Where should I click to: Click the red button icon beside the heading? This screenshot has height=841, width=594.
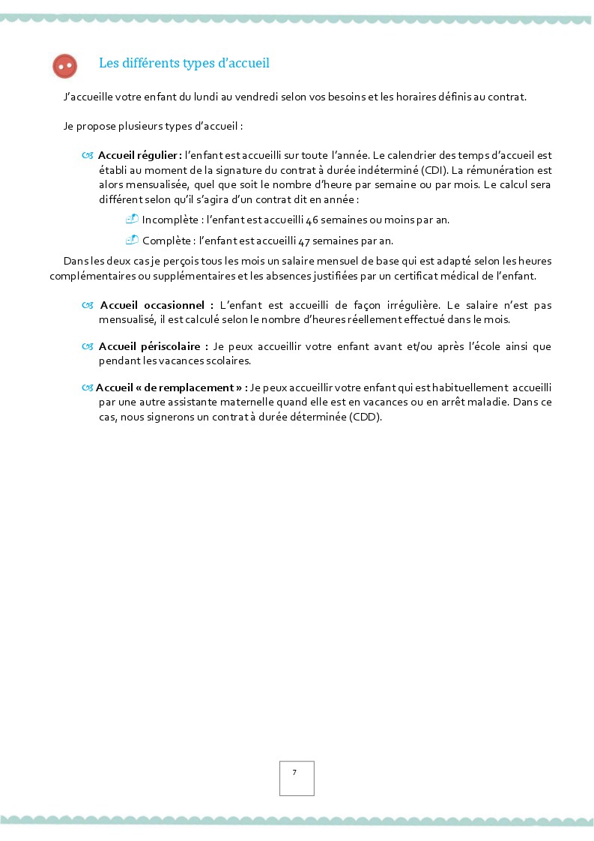pyautogui.click(x=65, y=66)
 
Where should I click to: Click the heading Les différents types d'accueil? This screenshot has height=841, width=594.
pyautogui.click(x=184, y=64)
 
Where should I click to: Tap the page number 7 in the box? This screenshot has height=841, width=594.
pyautogui.click(x=294, y=772)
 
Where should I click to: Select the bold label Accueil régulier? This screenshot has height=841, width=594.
pyautogui.click(x=139, y=155)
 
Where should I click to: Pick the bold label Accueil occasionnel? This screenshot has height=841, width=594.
pyautogui.click(x=156, y=306)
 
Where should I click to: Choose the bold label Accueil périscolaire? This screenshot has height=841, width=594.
pyautogui.click(x=153, y=346)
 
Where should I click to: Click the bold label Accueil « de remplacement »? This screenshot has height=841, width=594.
pyautogui.click(x=172, y=388)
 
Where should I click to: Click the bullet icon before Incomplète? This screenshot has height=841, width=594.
pyautogui.click(x=132, y=220)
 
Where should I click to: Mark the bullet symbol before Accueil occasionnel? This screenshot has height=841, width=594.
pyautogui.click(x=88, y=306)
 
